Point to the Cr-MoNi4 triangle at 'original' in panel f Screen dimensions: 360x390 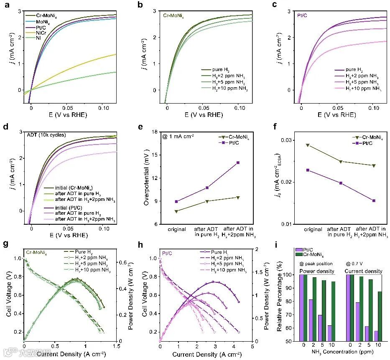coord(308,145)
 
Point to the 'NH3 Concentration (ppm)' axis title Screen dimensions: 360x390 coord(341,355)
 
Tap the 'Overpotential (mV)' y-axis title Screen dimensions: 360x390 coord(146,178)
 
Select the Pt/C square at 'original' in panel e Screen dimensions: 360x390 coord(176,201)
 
